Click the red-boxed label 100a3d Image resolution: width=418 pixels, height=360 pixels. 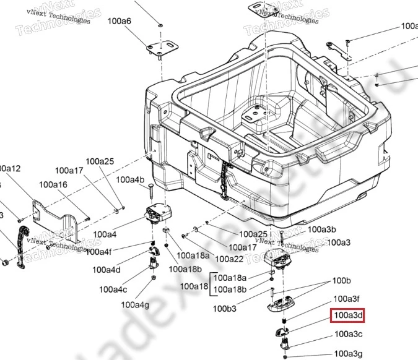(x=347, y=316)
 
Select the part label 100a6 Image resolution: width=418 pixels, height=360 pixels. (x=120, y=21)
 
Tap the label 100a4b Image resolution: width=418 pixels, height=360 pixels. (x=131, y=180)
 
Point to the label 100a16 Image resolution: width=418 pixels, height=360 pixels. (x=53, y=184)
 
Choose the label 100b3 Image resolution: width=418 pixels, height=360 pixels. (x=225, y=308)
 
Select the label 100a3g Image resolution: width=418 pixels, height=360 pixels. (x=349, y=353)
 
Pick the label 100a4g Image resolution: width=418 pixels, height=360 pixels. (x=135, y=304)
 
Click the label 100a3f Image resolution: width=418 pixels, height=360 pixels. (x=347, y=299)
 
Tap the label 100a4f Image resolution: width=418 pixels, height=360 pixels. (x=99, y=252)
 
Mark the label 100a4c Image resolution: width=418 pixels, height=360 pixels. (x=113, y=289)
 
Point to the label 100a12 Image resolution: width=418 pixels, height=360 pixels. (x=9, y=168)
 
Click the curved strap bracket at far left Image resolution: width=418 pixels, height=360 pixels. (x=21, y=247)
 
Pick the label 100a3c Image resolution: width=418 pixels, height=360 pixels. (x=349, y=334)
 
